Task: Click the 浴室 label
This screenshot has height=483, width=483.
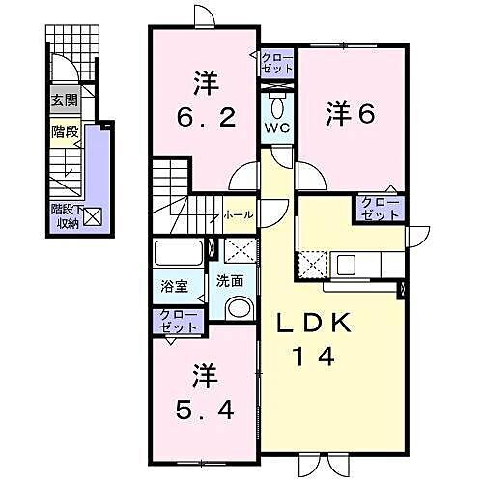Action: [x=175, y=287]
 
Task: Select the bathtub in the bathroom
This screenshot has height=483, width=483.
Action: [x=180, y=256]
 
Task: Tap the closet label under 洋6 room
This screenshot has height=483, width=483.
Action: [x=379, y=208]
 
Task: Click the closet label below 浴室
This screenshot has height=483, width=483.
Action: [x=175, y=322]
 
